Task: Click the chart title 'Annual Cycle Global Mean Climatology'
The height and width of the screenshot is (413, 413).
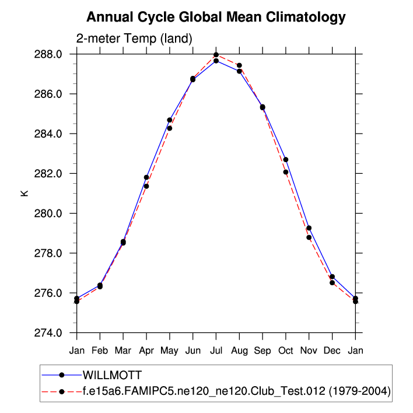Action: (216, 17)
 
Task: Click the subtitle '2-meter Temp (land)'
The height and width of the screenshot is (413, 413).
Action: (134, 38)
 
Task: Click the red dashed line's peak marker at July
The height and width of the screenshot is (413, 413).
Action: (216, 55)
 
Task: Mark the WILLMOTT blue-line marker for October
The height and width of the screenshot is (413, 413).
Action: (286, 160)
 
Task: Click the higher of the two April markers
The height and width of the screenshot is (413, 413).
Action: (146, 177)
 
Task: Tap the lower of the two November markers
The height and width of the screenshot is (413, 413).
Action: (309, 237)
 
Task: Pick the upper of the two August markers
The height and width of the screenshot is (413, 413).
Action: (239, 65)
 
